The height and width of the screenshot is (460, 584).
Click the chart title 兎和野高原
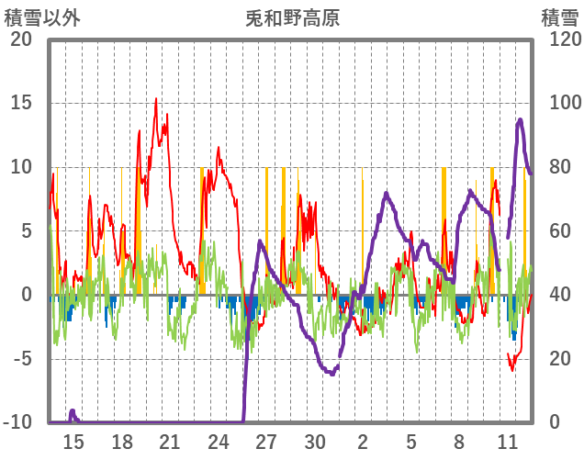[x=292, y=17]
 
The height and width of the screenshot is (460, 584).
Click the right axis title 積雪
[x=559, y=17]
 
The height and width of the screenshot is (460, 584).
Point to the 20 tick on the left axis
[x=20, y=39]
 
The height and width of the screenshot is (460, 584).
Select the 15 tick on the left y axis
[x=20, y=103]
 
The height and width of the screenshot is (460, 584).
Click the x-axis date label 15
[x=73, y=442]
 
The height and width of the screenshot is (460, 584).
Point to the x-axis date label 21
[x=170, y=442]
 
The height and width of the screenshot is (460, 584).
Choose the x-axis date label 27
[x=266, y=442]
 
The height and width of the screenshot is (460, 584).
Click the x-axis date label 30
[x=315, y=442]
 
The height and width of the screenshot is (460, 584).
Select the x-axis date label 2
[x=363, y=442]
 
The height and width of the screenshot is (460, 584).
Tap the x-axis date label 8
[x=459, y=442]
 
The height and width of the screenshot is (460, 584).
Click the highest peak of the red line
[x=156, y=99]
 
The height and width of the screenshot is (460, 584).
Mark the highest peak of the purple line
[x=521, y=118]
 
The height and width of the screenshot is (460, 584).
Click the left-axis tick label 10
[x=20, y=167]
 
